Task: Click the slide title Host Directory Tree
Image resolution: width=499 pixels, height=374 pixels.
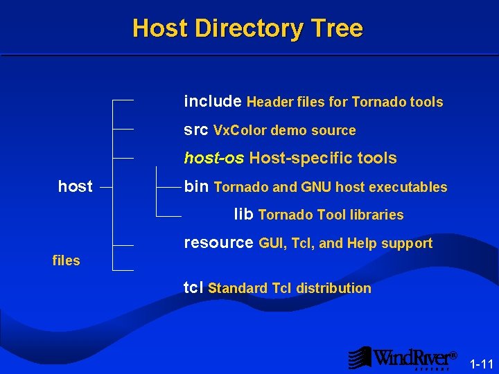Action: (247, 28)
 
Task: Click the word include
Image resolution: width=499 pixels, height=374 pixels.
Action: (212, 102)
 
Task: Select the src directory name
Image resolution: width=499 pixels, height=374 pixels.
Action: (196, 130)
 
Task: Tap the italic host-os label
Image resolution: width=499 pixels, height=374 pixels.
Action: (213, 158)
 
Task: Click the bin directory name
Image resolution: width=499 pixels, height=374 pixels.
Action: (196, 186)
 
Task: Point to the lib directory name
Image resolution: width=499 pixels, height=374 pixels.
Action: (243, 214)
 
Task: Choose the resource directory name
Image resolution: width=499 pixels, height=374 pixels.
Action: (218, 243)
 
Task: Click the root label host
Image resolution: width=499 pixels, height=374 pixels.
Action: (76, 186)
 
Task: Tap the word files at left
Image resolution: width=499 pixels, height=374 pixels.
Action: (67, 260)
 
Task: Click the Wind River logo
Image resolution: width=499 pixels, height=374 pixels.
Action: (403, 358)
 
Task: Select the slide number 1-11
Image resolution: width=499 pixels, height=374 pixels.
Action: (481, 364)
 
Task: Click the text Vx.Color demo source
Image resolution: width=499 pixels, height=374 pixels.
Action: (285, 131)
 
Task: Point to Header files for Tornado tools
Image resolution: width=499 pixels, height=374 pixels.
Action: (344, 103)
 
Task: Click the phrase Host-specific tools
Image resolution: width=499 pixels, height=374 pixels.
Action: (323, 159)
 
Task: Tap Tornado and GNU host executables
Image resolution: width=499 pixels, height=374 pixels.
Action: (331, 187)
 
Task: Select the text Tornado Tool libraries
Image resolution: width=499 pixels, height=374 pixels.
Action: (331, 215)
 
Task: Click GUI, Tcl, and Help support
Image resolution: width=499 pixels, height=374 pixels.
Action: (345, 243)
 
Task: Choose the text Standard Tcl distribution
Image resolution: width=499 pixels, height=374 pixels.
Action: (290, 288)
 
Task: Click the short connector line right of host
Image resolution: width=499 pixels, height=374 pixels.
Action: (106, 186)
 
